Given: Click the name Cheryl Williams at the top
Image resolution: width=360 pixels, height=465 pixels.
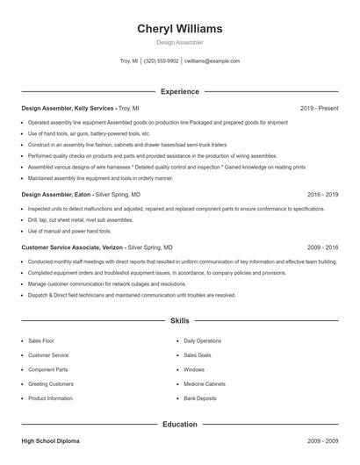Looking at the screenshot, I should [x=179, y=28].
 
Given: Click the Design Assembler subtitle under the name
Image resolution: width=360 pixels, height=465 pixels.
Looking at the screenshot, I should [x=179, y=42].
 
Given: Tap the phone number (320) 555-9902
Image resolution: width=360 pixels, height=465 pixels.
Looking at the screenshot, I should [x=161, y=61].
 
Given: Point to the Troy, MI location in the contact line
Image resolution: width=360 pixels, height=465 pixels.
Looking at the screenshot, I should [x=129, y=61].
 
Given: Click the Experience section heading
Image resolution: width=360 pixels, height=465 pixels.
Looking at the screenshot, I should [x=179, y=91].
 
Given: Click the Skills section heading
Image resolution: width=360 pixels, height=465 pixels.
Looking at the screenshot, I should [x=179, y=322].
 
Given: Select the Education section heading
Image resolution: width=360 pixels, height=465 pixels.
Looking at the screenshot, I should [x=179, y=425].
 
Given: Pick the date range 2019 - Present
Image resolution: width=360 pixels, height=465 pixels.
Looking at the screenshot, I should [x=319, y=108].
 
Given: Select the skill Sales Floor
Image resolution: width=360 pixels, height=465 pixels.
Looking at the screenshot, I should [x=42, y=340].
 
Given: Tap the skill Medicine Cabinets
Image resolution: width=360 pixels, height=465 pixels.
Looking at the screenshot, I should [x=205, y=383].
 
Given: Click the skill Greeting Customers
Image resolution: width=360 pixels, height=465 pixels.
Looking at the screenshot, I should [x=51, y=383].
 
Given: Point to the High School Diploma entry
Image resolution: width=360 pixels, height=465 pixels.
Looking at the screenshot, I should [x=50, y=441].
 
